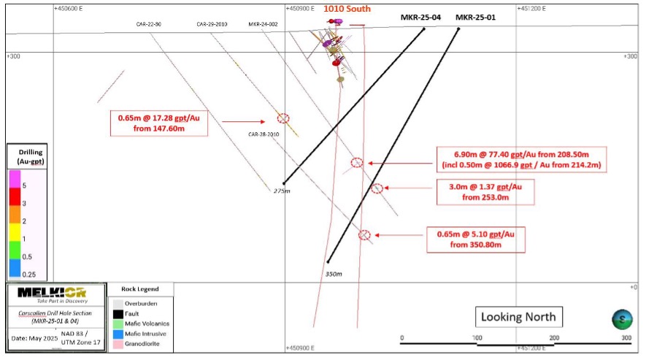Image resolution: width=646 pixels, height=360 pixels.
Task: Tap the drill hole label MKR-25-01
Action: tap(475, 18)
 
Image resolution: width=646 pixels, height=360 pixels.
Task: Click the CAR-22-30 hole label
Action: tap(148, 24)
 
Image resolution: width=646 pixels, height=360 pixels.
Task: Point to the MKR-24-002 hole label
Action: tap(263, 24)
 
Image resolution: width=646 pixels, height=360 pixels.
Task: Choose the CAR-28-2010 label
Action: tap(264, 134)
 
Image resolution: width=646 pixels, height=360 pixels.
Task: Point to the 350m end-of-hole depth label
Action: tap(332, 274)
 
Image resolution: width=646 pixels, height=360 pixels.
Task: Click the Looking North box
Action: tap(519, 317)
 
